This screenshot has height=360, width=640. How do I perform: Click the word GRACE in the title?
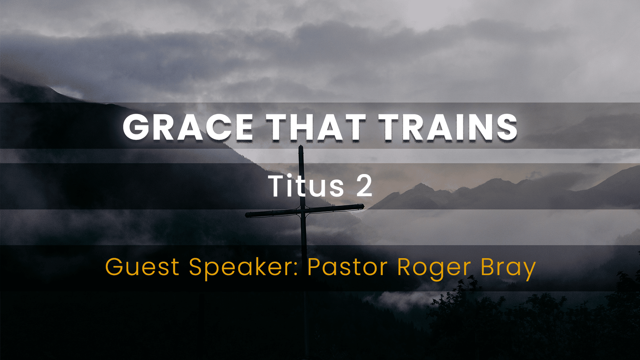point(188,127)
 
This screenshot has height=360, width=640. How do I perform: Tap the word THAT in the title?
point(316,127)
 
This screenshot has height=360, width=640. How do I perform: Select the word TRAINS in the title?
point(448,127)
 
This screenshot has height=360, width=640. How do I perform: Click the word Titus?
point(306,186)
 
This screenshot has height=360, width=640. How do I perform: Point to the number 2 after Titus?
point(364,186)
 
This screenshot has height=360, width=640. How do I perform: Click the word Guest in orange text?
point(142,267)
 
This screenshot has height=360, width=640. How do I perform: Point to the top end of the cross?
point(301,147)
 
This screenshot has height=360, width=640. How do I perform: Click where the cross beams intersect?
point(303,211)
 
